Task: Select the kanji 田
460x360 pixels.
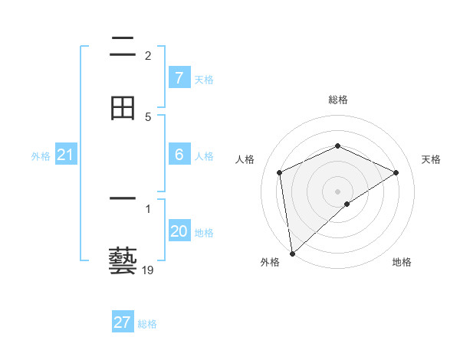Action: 123,107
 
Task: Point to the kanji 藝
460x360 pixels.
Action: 123,261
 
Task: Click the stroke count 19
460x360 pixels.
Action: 148,270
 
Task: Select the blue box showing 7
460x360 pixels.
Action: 179,77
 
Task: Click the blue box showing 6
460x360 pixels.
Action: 179,155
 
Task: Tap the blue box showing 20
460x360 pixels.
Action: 179,231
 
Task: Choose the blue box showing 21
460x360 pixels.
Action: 65,155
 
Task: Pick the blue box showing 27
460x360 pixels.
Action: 123,322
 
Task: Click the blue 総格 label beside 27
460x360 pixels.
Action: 147,324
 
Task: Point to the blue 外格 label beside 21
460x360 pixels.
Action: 41,156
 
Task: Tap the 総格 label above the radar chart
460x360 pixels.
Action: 338,100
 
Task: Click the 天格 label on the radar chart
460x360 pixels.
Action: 431,159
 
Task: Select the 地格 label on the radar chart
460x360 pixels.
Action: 402,262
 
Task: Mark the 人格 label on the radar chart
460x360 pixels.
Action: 245,159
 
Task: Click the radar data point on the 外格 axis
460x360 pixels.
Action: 291,254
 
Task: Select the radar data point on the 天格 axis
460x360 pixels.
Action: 396,172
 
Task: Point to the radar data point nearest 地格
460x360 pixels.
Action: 347,204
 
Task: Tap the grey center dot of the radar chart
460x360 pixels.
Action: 338,191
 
